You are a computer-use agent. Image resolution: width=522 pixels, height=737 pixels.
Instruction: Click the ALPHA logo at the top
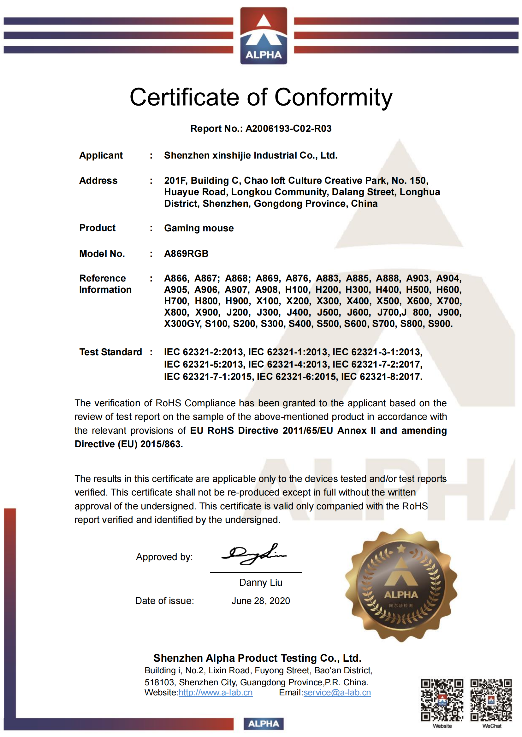tap(263, 36)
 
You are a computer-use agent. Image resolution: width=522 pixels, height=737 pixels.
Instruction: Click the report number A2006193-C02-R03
tap(288, 128)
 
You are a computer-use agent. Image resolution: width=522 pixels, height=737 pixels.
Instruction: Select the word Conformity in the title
tap(333, 97)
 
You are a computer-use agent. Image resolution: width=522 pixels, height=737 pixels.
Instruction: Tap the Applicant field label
tap(101, 155)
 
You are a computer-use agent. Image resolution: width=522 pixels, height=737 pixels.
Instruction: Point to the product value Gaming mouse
tap(199, 228)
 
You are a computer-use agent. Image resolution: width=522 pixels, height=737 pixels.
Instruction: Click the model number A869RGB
tap(186, 253)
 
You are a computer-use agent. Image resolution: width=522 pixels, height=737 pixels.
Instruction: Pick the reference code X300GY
tap(182, 323)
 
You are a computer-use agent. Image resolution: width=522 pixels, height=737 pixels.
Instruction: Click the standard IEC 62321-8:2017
tap(381, 376)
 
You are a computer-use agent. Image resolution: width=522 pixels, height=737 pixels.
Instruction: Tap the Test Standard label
tap(110, 352)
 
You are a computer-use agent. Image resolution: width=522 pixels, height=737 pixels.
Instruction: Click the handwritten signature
tap(254, 554)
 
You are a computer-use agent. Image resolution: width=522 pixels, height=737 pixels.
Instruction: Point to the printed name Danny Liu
tap(261, 582)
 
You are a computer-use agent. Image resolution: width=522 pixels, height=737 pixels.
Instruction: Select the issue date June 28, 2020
tap(261, 601)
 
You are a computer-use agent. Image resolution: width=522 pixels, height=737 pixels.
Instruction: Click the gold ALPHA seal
tap(401, 585)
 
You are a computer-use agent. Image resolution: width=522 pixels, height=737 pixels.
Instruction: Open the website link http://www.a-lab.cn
tap(215, 692)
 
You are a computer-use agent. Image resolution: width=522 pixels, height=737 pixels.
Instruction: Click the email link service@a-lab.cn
tap(337, 692)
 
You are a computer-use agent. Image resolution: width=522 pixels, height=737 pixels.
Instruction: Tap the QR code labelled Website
tap(442, 700)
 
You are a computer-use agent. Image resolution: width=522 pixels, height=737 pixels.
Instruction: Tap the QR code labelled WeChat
tap(491, 700)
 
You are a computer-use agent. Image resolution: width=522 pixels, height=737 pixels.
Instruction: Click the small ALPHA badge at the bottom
tap(263, 723)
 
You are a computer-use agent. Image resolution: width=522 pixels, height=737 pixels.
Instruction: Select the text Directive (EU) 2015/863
tap(128, 444)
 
